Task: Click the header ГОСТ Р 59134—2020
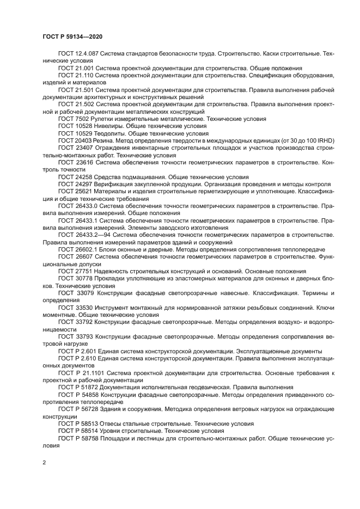point(72,36)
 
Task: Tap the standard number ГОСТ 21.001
point(75,68)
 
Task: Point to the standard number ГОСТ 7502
point(72,118)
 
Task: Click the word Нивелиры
point(104,125)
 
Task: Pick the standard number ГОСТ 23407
point(74,147)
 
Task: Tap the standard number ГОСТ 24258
point(74,176)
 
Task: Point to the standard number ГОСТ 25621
point(74,191)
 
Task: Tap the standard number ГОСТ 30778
point(74,278)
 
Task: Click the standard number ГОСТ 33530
point(74,307)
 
